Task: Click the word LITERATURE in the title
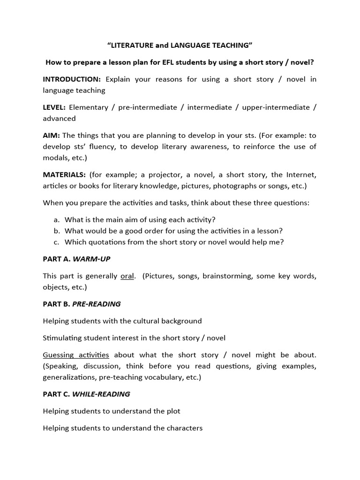tap(131, 45)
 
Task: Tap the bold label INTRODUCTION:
tap(72, 79)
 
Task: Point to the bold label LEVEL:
tap(54, 107)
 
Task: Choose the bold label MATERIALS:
tap(64, 175)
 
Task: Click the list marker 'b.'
tap(57, 231)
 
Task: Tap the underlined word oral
tap(127, 276)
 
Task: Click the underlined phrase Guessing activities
tap(76, 355)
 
